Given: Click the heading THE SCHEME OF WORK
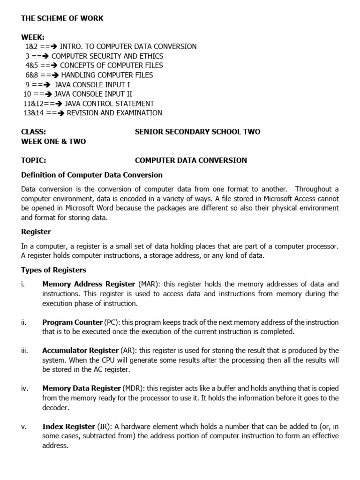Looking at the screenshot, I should click(x=62, y=18).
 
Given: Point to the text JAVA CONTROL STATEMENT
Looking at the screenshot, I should click(x=109, y=104).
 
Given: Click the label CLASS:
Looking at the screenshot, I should click(x=34, y=132).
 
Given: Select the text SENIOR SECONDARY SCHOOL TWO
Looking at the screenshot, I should click(x=197, y=132).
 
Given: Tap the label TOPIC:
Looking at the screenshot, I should click(x=34, y=160).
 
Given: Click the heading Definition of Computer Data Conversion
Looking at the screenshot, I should click(x=92, y=175).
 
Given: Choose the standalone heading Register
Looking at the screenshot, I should click(x=36, y=232).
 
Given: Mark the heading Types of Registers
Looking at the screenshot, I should click(x=54, y=270).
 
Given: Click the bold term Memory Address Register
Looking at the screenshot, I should click(x=89, y=284).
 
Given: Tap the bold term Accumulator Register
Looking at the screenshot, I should click(x=80, y=351).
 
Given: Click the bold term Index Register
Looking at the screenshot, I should click(x=68, y=427).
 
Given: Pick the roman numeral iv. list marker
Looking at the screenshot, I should click(x=25, y=389).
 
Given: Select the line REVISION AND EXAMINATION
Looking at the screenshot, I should click(x=115, y=113).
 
